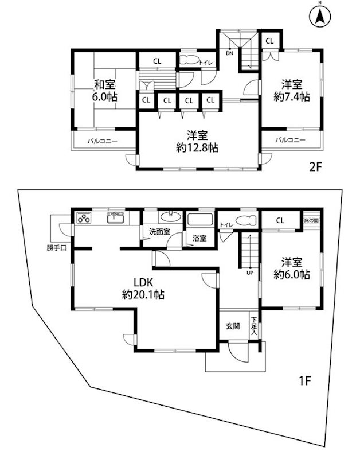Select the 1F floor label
tap(305, 380)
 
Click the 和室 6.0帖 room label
tap(106, 91)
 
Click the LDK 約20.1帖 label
tap(143, 289)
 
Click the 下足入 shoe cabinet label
tap(253, 326)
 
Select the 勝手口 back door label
tap(58, 248)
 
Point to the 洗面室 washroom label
tap(160, 232)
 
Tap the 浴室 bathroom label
tap(199, 238)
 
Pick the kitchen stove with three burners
tap(84, 219)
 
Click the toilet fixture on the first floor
tap(246, 219)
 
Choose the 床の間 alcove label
tap(311, 220)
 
